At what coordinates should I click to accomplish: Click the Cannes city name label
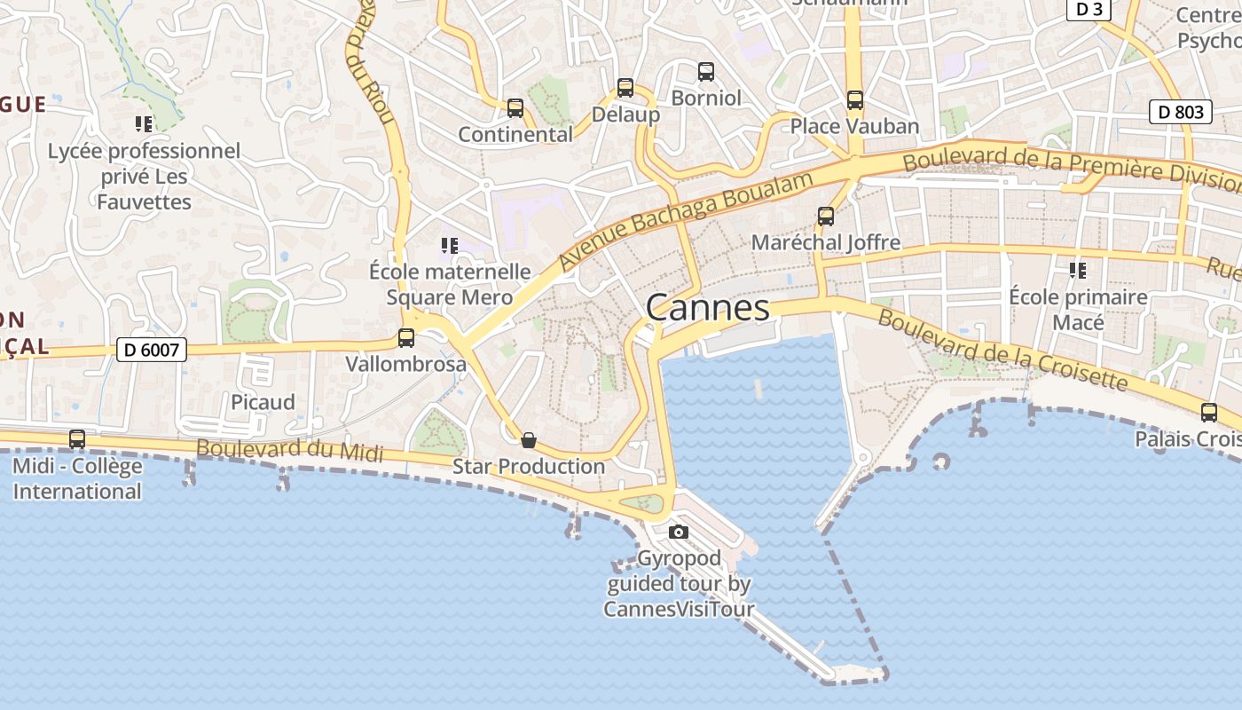(708, 308)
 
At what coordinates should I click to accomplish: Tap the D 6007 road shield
(152, 350)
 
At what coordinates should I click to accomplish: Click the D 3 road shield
(1089, 9)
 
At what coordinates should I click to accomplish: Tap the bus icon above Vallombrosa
(406, 338)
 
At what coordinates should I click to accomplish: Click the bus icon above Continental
(515, 108)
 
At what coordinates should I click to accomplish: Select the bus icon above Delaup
(625, 88)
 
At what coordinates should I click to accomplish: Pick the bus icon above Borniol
(706, 72)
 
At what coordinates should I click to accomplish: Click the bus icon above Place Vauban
(855, 100)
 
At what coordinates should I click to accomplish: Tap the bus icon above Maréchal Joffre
(826, 217)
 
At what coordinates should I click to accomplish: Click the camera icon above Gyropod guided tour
(679, 532)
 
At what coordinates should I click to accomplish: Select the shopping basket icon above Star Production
(529, 440)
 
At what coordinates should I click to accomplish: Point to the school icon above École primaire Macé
(1078, 270)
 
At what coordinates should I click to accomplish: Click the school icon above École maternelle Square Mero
(450, 245)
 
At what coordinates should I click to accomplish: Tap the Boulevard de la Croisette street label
(1002, 351)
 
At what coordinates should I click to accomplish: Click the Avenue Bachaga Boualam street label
(686, 221)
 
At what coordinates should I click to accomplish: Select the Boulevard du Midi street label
(289, 450)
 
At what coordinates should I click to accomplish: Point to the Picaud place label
(263, 402)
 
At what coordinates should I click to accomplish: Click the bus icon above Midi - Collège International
(77, 439)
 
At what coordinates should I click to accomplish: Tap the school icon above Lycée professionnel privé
(144, 124)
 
